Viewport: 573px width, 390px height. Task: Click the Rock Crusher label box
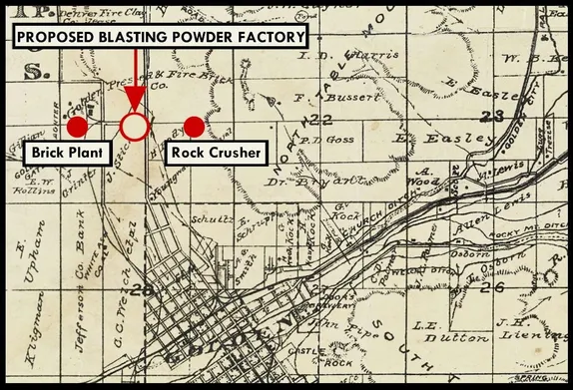click(x=217, y=153)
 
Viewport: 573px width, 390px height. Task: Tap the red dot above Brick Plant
click(x=76, y=127)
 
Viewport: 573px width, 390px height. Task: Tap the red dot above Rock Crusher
click(x=194, y=127)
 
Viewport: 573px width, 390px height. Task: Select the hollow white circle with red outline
click(x=135, y=127)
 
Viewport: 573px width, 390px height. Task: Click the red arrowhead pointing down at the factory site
click(x=135, y=104)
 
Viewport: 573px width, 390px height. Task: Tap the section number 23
click(x=488, y=118)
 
